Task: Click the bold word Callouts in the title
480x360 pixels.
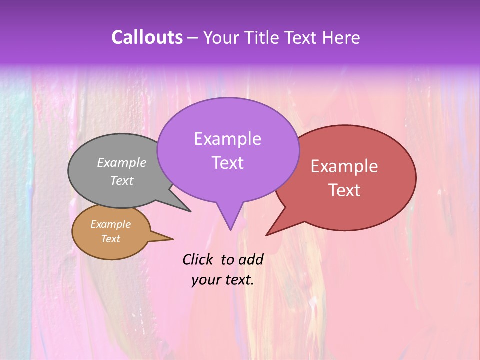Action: click(x=147, y=37)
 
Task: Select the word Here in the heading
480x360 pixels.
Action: click(x=341, y=37)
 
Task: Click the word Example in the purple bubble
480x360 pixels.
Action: click(x=227, y=139)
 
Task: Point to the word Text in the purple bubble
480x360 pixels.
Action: click(x=227, y=163)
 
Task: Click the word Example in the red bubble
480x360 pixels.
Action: click(x=344, y=166)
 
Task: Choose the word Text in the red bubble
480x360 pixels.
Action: click(x=345, y=190)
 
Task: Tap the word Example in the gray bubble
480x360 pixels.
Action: click(x=122, y=162)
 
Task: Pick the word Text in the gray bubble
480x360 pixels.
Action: click(x=122, y=181)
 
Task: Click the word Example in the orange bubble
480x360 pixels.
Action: click(x=110, y=224)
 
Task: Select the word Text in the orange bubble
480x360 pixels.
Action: click(x=110, y=239)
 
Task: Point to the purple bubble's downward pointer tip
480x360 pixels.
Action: click(x=230, y=228)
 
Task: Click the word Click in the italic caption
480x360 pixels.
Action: click(x=198, y=259)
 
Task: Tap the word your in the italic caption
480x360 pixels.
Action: click(x=205, y=280)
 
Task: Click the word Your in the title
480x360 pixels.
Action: click(x=221, y=37)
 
